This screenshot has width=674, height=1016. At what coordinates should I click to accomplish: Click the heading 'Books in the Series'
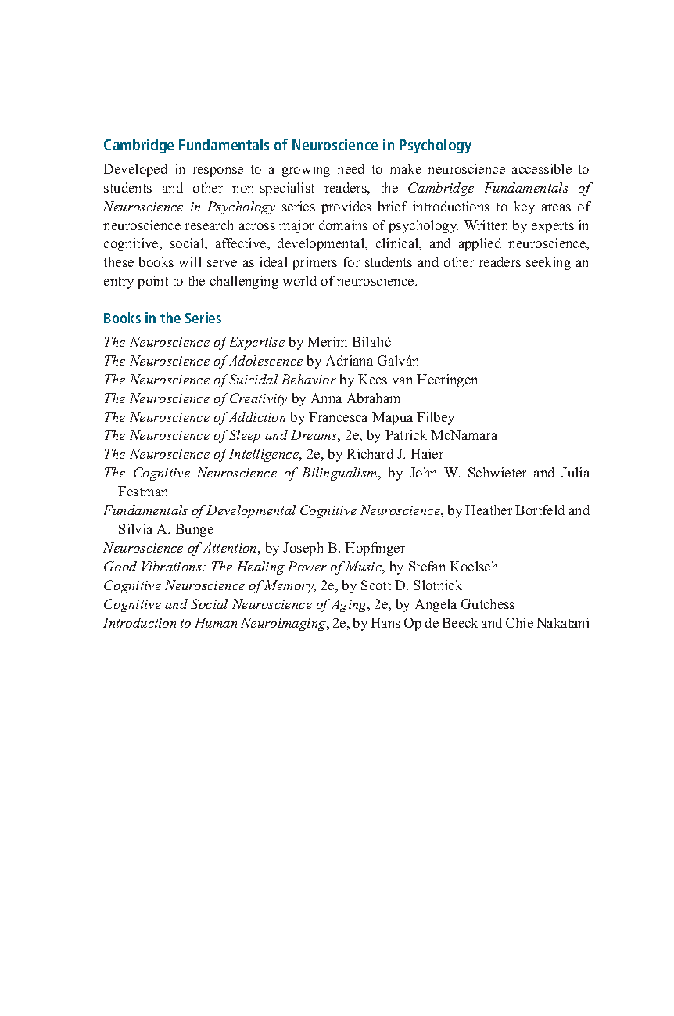point(162,319)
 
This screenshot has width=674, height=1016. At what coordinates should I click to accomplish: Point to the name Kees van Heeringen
point(418,380)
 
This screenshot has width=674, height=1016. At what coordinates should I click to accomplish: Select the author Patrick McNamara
point(441,436)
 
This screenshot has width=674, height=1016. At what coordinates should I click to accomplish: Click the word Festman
point(142,492)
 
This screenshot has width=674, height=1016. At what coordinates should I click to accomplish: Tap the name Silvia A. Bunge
point(165,530)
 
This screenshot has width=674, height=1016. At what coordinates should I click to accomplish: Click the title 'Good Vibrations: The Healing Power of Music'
point(242,567)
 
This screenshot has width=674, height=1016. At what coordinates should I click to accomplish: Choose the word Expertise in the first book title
point(257,342)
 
